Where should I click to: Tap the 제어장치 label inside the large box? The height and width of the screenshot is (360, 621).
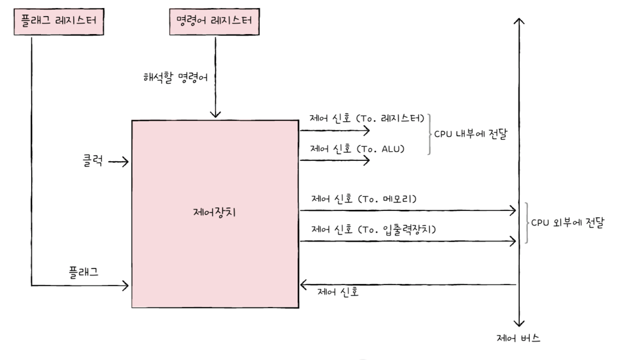click(x=214, y=212)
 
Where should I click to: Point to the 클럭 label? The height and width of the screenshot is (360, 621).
click(x=93, y=162)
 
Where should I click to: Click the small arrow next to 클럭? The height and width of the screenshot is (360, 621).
click(x=119, y=162)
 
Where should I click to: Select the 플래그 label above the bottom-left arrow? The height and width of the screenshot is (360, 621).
click(x=83, y=272)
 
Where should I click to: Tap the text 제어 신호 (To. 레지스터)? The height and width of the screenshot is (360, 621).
click(x=368, y=118)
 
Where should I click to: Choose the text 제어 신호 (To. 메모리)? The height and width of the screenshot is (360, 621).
click(x=364, y=199)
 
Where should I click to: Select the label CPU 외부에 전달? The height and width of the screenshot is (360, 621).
click(x=567, y=223)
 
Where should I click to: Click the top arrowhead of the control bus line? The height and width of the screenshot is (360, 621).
click(x=519, y=21)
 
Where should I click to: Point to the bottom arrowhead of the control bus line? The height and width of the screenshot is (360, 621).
click(x=519, y=323)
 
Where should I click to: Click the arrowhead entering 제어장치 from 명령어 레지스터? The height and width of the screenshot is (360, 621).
click(x=215, y=115)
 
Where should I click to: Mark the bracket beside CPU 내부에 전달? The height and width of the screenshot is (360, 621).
click(x=429, y=134)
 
